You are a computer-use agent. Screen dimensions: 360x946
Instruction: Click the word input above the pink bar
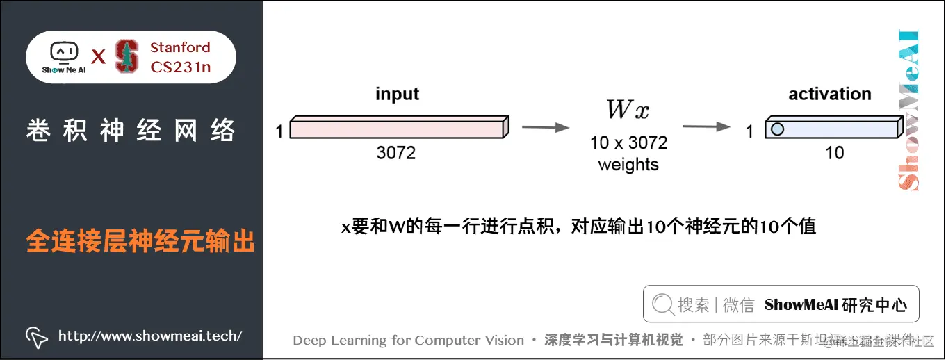(x=398, y=94)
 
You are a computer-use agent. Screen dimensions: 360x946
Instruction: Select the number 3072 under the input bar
(x=396, y=152)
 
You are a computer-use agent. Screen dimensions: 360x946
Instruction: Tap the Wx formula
(x=628, y=110)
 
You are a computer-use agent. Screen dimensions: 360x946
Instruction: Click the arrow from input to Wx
(x=545, y=127)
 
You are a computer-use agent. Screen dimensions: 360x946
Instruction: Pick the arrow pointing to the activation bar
(x=706, y=127)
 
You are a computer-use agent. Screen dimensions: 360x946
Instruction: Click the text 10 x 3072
(x=628, y=143)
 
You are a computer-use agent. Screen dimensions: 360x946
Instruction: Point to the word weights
(x=628, y=165)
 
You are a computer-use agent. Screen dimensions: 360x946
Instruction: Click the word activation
(x=830, y=94)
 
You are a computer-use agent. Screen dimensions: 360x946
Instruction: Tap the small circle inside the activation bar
(x=777, y=129)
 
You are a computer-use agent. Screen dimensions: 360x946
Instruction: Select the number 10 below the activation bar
(x=834, y=152)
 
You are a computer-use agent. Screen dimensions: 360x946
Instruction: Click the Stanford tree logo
(x=127, y=56)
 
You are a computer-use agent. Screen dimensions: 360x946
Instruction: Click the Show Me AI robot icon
(x=63, y=52)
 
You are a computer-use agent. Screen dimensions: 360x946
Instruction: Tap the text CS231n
(x=181, y=67)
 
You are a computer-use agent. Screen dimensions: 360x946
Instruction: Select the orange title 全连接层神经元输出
(x=140, y=241)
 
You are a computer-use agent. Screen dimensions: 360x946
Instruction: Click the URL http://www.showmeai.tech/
(x=150, y=336)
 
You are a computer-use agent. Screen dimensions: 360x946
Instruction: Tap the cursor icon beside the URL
(x=36, y=337)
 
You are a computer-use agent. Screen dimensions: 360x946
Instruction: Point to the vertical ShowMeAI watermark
(x=908, y=110)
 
